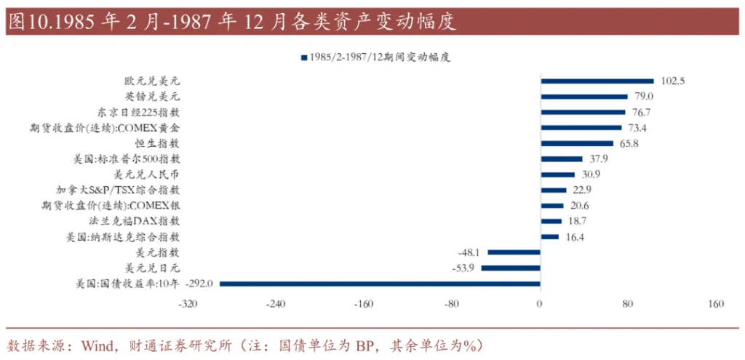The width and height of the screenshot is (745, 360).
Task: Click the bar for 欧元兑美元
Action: pyautogui.click(x=597, y=81)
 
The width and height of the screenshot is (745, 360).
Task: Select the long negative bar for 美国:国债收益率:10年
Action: pyautogui.click(x=381, y=284)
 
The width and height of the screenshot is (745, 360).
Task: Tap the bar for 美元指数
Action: pyautogui.click(x=514, y=252)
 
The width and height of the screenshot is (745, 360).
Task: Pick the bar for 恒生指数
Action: pyautogui.click(x=577, y=143)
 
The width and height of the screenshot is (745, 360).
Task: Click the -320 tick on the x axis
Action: pyautogui.click(x=187, y=304)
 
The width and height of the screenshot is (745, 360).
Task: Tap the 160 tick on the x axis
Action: pyautogui.click(x=716, y=304)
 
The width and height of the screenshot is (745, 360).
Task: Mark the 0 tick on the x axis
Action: pyautogui.click(x=540, y=304)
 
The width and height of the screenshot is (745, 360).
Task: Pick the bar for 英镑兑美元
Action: pyautogui.click(x=583, y=97)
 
